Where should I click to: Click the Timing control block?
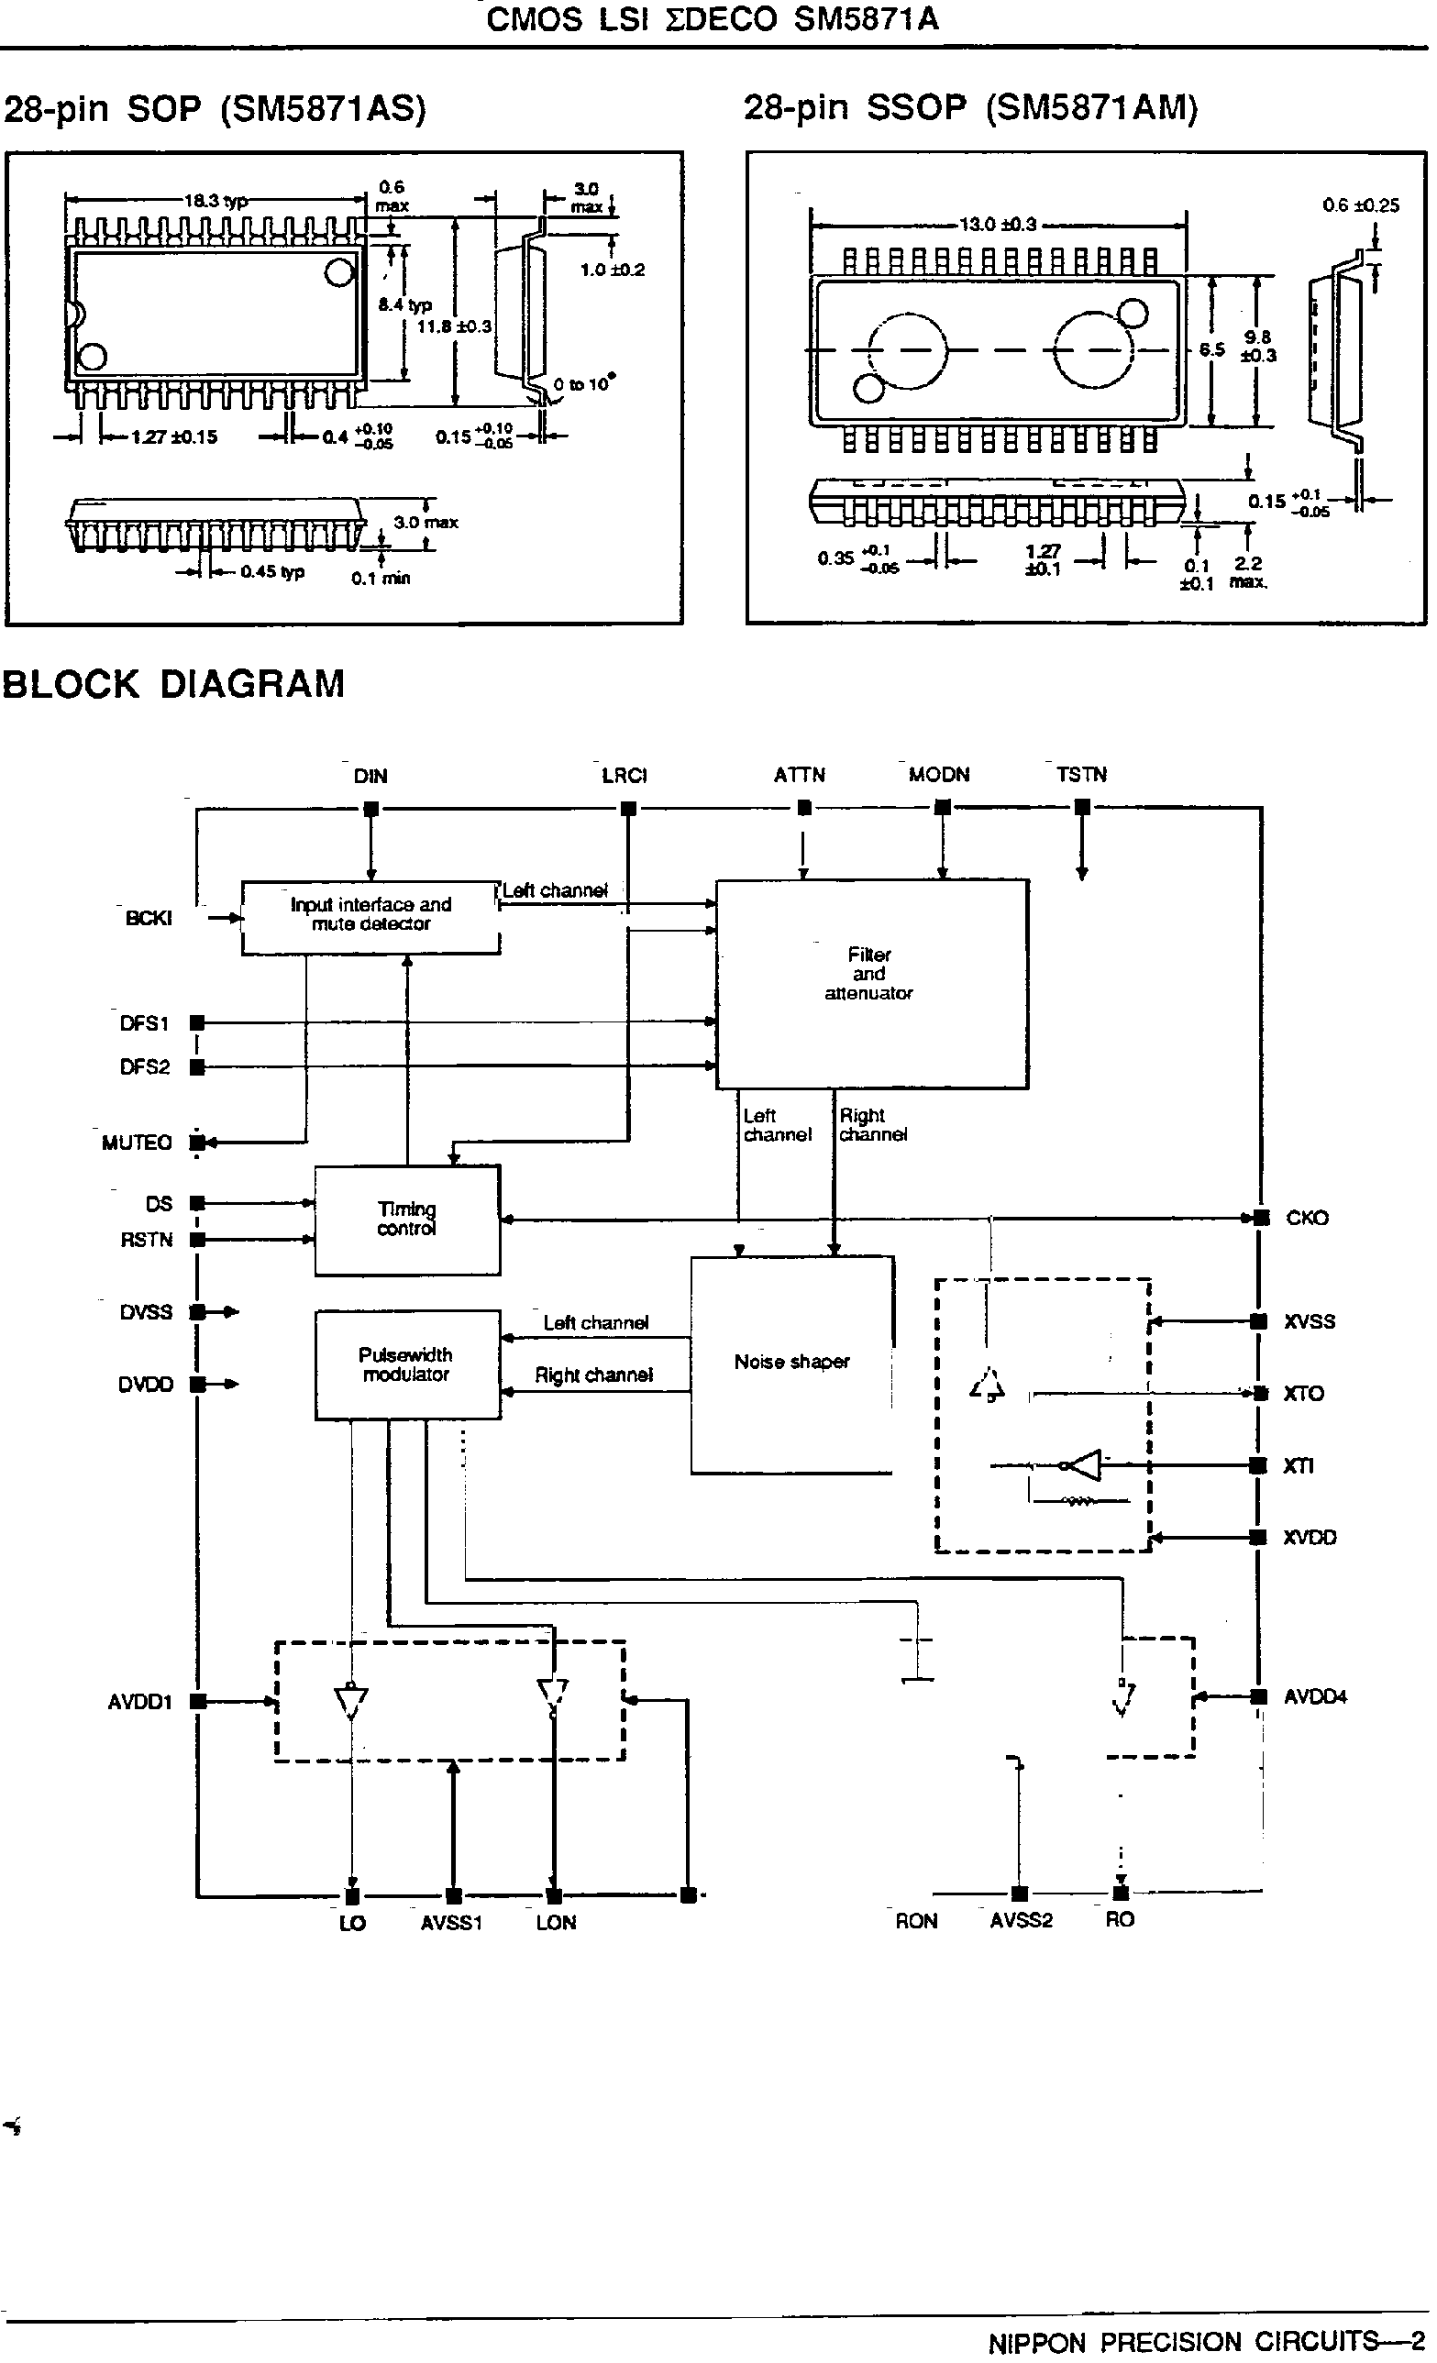coord(407,1220)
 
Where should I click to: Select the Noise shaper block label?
coord(791,1362)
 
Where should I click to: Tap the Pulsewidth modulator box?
coord(407,1364)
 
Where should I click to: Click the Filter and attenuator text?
coord(869,975)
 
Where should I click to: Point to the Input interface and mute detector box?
coord(370,916)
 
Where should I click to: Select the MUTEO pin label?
coord(137,1143)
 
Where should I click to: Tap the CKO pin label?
coord(1307,1218)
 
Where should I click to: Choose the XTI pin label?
coord(1298,1466)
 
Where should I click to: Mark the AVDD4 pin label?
coord(1314,1697)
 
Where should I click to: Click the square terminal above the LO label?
coord(352,1896)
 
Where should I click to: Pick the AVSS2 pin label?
coord(1021,1921)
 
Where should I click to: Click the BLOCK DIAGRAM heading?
coord(173,685)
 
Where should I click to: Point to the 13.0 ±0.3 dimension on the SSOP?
coord(998,225)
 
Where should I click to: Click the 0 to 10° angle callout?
coord(583,384)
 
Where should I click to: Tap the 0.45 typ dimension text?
coord(271,571)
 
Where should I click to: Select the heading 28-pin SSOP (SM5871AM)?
coord(971,107)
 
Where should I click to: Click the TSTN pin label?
coord(1081,775)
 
